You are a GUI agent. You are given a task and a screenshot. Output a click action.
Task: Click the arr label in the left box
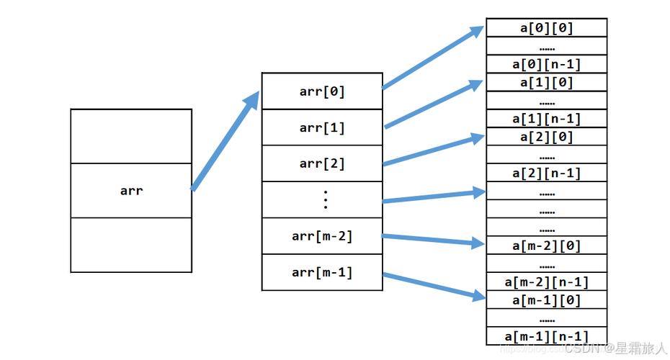point(131,191)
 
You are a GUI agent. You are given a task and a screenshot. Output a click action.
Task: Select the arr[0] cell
point(322,91)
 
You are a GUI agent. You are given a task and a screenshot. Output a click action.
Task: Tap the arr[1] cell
point(322,128)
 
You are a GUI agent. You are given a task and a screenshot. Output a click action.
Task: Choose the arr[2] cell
point(322,163)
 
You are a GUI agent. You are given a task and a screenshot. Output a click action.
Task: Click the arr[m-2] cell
point(322,235)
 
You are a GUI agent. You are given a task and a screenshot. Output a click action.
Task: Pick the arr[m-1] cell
point(322,272)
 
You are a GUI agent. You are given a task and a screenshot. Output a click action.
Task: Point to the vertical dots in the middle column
point(325,199)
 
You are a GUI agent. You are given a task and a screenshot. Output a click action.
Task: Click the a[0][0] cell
point(546,28)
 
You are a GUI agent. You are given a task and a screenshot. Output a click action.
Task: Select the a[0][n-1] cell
point(546,64)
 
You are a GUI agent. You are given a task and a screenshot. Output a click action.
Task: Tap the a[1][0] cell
point(546,82)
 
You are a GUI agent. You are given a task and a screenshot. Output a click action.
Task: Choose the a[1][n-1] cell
point(546,119)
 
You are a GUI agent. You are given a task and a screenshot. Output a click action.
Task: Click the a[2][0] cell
point(546,137)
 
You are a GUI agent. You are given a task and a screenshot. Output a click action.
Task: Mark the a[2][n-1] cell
point(546,173)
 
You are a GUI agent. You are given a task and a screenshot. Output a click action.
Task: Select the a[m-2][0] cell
point(546,246)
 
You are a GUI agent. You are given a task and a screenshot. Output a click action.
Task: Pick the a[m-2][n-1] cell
point(546,282)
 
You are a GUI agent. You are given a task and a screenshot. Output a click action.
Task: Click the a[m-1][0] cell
point(546,300)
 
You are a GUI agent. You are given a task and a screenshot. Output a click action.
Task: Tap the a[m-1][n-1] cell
point(546,336)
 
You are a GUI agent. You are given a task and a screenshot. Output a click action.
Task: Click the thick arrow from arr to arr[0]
point(225,142)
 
